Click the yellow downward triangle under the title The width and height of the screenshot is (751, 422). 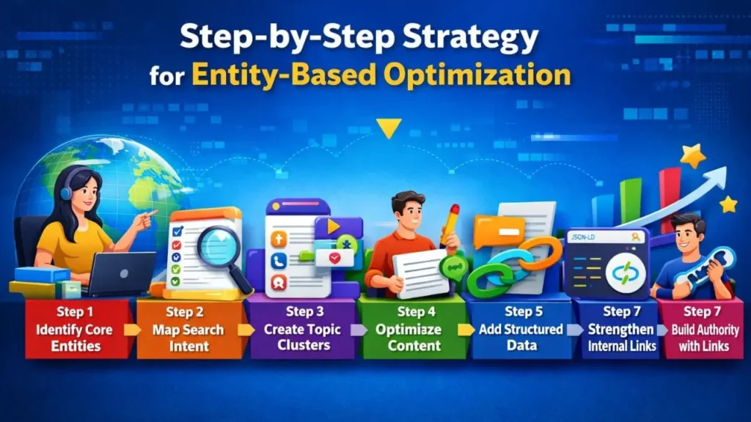point(389,129)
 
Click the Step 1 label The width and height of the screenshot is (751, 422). point(74,313)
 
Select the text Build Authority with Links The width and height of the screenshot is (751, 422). point(704,337)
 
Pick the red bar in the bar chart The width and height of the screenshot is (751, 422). point(668,194)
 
